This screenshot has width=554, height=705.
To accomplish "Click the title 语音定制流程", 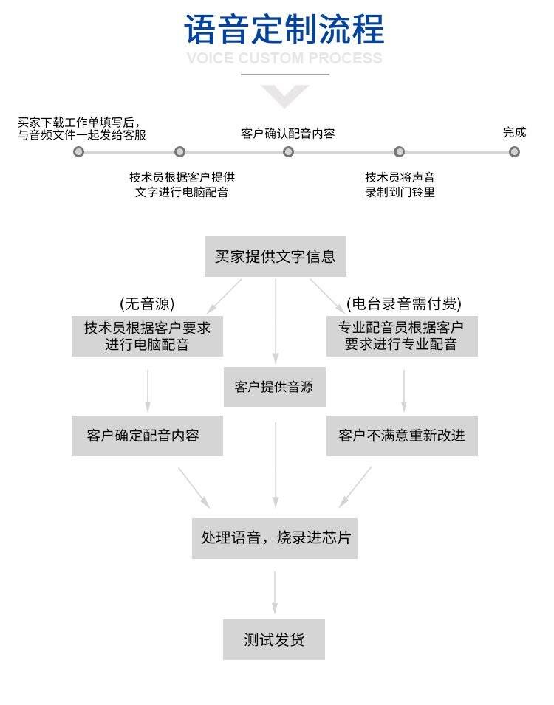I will pos(284,30).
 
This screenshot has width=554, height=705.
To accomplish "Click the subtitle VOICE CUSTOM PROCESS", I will pos(284,58).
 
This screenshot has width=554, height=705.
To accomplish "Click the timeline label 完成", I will pos(514,132).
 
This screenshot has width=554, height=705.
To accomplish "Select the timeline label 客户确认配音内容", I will pos(288,134).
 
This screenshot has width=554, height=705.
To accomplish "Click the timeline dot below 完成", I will pos(514,152).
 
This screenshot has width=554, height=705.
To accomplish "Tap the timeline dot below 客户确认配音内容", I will pos(288,152).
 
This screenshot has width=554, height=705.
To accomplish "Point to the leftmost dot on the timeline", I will pos(78,152).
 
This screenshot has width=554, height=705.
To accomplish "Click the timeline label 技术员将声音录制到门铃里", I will pos(400,185).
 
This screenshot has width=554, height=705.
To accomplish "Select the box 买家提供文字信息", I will pos(275,257).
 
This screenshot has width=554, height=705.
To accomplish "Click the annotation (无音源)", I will pos(147,304).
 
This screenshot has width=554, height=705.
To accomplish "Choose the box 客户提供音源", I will pos(275,387).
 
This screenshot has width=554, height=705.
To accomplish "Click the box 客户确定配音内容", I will pos(147,436).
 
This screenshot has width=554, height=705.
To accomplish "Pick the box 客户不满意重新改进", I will pos(402,436).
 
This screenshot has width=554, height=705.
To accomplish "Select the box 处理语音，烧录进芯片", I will pos(275,538).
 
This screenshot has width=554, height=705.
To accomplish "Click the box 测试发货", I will pos(275,639).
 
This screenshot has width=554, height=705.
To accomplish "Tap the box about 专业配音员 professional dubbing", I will pos(402,336).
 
